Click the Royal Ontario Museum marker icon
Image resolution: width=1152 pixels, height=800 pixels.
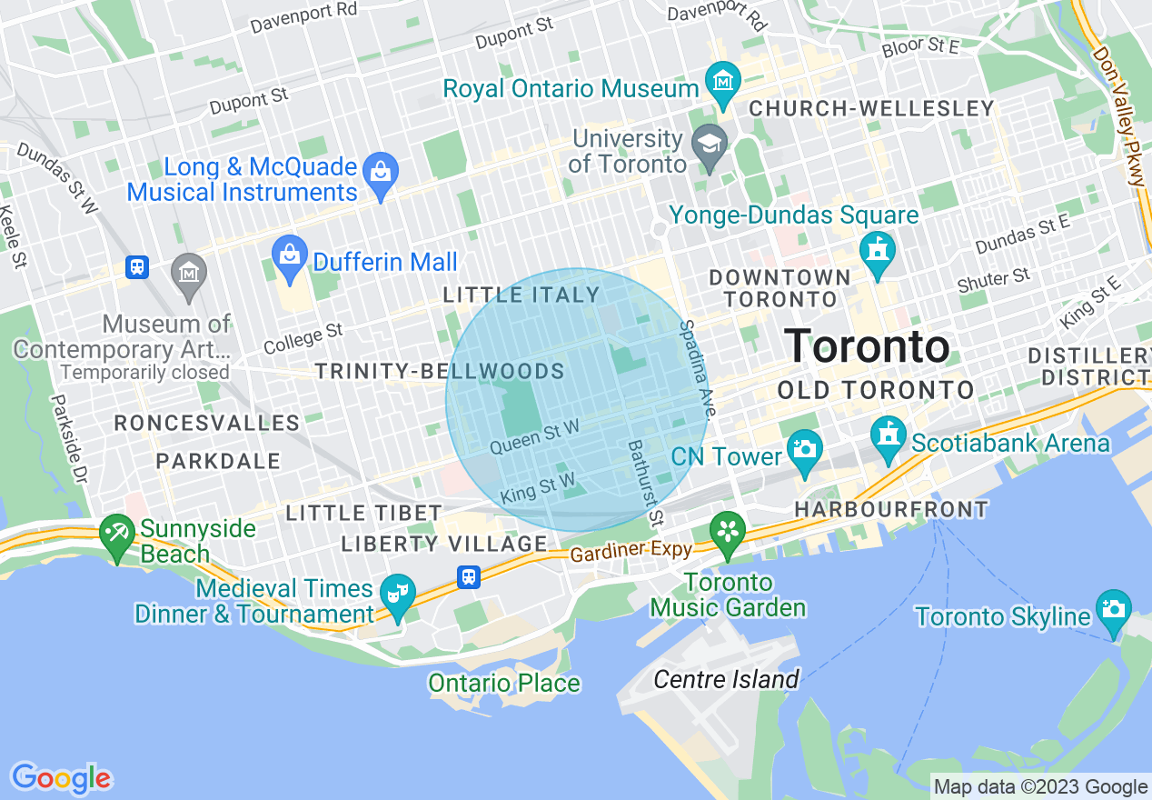tap(723, 81)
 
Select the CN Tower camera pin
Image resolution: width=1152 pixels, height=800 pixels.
tap(804, 450)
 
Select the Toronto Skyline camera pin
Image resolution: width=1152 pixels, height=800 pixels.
tap(1113, 608)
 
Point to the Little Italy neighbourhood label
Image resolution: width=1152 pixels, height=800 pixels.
tap(521, 295)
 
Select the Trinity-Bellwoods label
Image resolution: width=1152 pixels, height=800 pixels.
tap(440, 371)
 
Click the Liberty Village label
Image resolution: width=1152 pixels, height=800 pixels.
tap(444, 544)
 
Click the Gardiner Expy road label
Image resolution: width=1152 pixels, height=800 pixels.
tap(631, 550)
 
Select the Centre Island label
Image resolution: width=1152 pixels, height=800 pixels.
tap(726, 679)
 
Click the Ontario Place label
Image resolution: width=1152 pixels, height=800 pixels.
tap(504, 683)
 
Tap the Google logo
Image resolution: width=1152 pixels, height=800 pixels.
tap(61, 778)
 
